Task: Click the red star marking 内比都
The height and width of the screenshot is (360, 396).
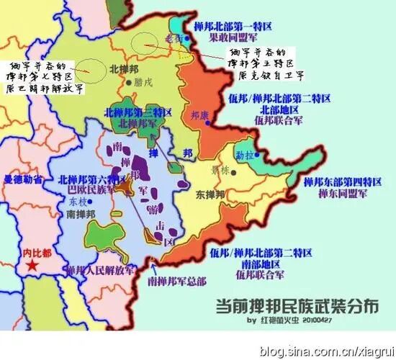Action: click(x=32, y=266)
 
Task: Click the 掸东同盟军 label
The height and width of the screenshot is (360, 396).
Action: click(x=334, y=194)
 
